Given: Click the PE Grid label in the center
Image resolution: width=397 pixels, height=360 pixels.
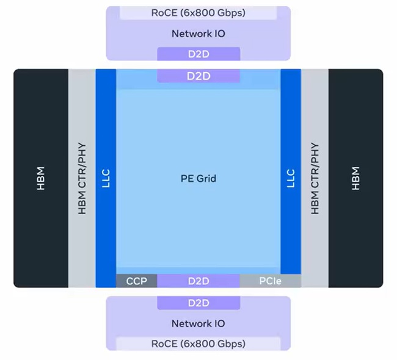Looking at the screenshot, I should pyautogui.click(x=198, y=179).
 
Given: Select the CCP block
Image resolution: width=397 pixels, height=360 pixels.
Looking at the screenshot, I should pyautogui.click(x=137, y=281).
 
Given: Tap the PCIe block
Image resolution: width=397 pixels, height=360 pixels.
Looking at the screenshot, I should pyautogui.click(x=269, y=281).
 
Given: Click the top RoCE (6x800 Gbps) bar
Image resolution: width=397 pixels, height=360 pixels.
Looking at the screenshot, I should pyautogui.click(x=198, y=13).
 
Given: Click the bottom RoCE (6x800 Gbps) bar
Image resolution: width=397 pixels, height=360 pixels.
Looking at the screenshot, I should pyautogui.click(x=198, y=344).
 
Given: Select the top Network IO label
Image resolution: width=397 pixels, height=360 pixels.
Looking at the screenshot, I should pyautogui.click(x=198, y=34).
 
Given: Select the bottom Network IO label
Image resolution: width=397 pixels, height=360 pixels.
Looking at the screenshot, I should pyautogui.click(x=198, y=323).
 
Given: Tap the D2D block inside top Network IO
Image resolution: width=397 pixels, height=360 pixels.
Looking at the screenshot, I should pyautogui.click(x=198, y=54).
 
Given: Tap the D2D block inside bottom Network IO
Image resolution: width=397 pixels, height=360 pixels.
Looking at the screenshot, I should pyautogui.click(x=198, y=303).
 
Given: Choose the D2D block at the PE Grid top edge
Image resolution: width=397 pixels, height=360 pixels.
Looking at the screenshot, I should pyautogui.click(x=198, y=76).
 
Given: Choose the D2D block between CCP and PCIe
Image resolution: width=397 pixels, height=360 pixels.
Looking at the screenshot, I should pyautogui.click(x=198, y=281).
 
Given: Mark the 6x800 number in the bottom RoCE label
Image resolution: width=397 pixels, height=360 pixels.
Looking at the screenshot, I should pyautogui.click(x=195, y=344).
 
